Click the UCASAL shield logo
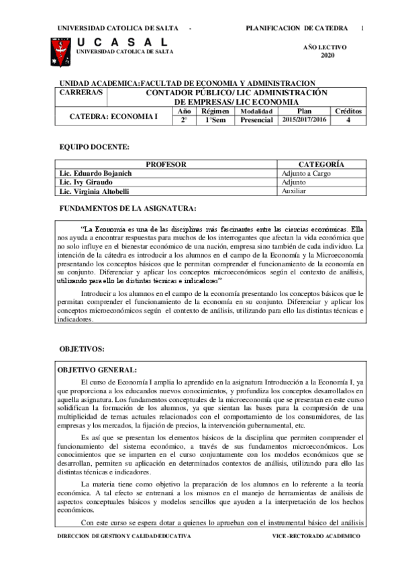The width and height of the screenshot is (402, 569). [59, 52]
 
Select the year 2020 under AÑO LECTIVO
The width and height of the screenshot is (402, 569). [327, 55]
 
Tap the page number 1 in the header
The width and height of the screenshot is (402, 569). [362, 28]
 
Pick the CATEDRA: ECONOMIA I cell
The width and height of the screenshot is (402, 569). [114, 116]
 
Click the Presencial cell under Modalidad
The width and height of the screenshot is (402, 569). [256, 120]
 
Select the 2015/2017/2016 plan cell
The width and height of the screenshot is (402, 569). [304, 120]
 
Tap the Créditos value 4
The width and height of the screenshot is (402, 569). [348, 120]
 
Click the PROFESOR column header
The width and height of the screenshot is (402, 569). [166, 164]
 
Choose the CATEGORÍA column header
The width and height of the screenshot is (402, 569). [321, 164]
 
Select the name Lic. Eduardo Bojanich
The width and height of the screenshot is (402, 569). [95, 173]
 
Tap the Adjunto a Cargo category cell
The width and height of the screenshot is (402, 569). [306, 173]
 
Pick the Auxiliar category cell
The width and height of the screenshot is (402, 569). [294, 191]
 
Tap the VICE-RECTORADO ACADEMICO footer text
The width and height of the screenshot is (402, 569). [316, 537]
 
